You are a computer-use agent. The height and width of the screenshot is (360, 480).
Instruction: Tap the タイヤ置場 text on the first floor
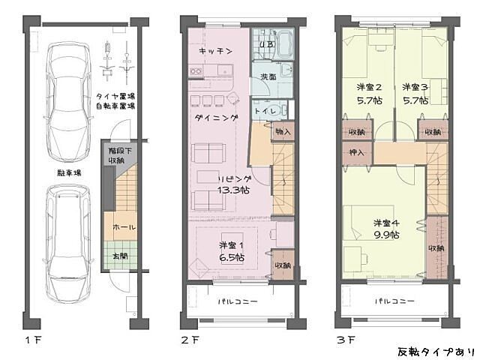(x=115, y=97)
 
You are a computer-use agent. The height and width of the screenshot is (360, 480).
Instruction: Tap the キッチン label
(x=214, y=50)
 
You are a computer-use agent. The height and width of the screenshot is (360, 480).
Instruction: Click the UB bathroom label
(x=265, y=44)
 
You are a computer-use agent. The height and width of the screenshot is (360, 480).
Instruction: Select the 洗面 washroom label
(x=267, y=76)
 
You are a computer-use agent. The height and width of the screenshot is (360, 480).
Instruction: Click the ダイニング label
(x=216, y=118)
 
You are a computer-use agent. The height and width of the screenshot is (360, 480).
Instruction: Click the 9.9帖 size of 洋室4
(x=386, y=235)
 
